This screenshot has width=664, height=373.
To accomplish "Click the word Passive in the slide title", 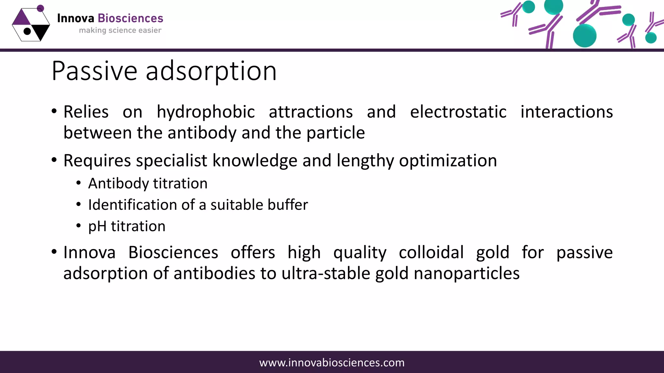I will pos(94,71).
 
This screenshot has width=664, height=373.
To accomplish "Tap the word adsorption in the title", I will pos(211,71).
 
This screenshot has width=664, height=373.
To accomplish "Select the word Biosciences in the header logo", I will pos(130,18).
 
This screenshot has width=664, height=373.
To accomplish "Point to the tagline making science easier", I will pos(120,30).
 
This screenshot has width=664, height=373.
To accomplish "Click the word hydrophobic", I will pos(206,112).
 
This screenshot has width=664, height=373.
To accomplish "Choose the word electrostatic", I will pos(458,112).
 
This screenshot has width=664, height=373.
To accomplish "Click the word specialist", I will pos(172,161).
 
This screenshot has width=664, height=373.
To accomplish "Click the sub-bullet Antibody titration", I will pos(148,184).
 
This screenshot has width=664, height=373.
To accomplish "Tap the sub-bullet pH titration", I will pos(127,226).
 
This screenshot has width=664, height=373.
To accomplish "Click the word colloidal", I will pos(431,252).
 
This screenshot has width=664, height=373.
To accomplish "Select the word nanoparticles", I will pos(467,274).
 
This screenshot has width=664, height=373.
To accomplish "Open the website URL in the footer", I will pos(332,363).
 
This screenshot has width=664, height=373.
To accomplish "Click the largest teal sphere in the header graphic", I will pos(585,36).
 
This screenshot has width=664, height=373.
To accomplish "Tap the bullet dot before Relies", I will pos(54,111).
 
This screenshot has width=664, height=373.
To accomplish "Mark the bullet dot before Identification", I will pos(78,205).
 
